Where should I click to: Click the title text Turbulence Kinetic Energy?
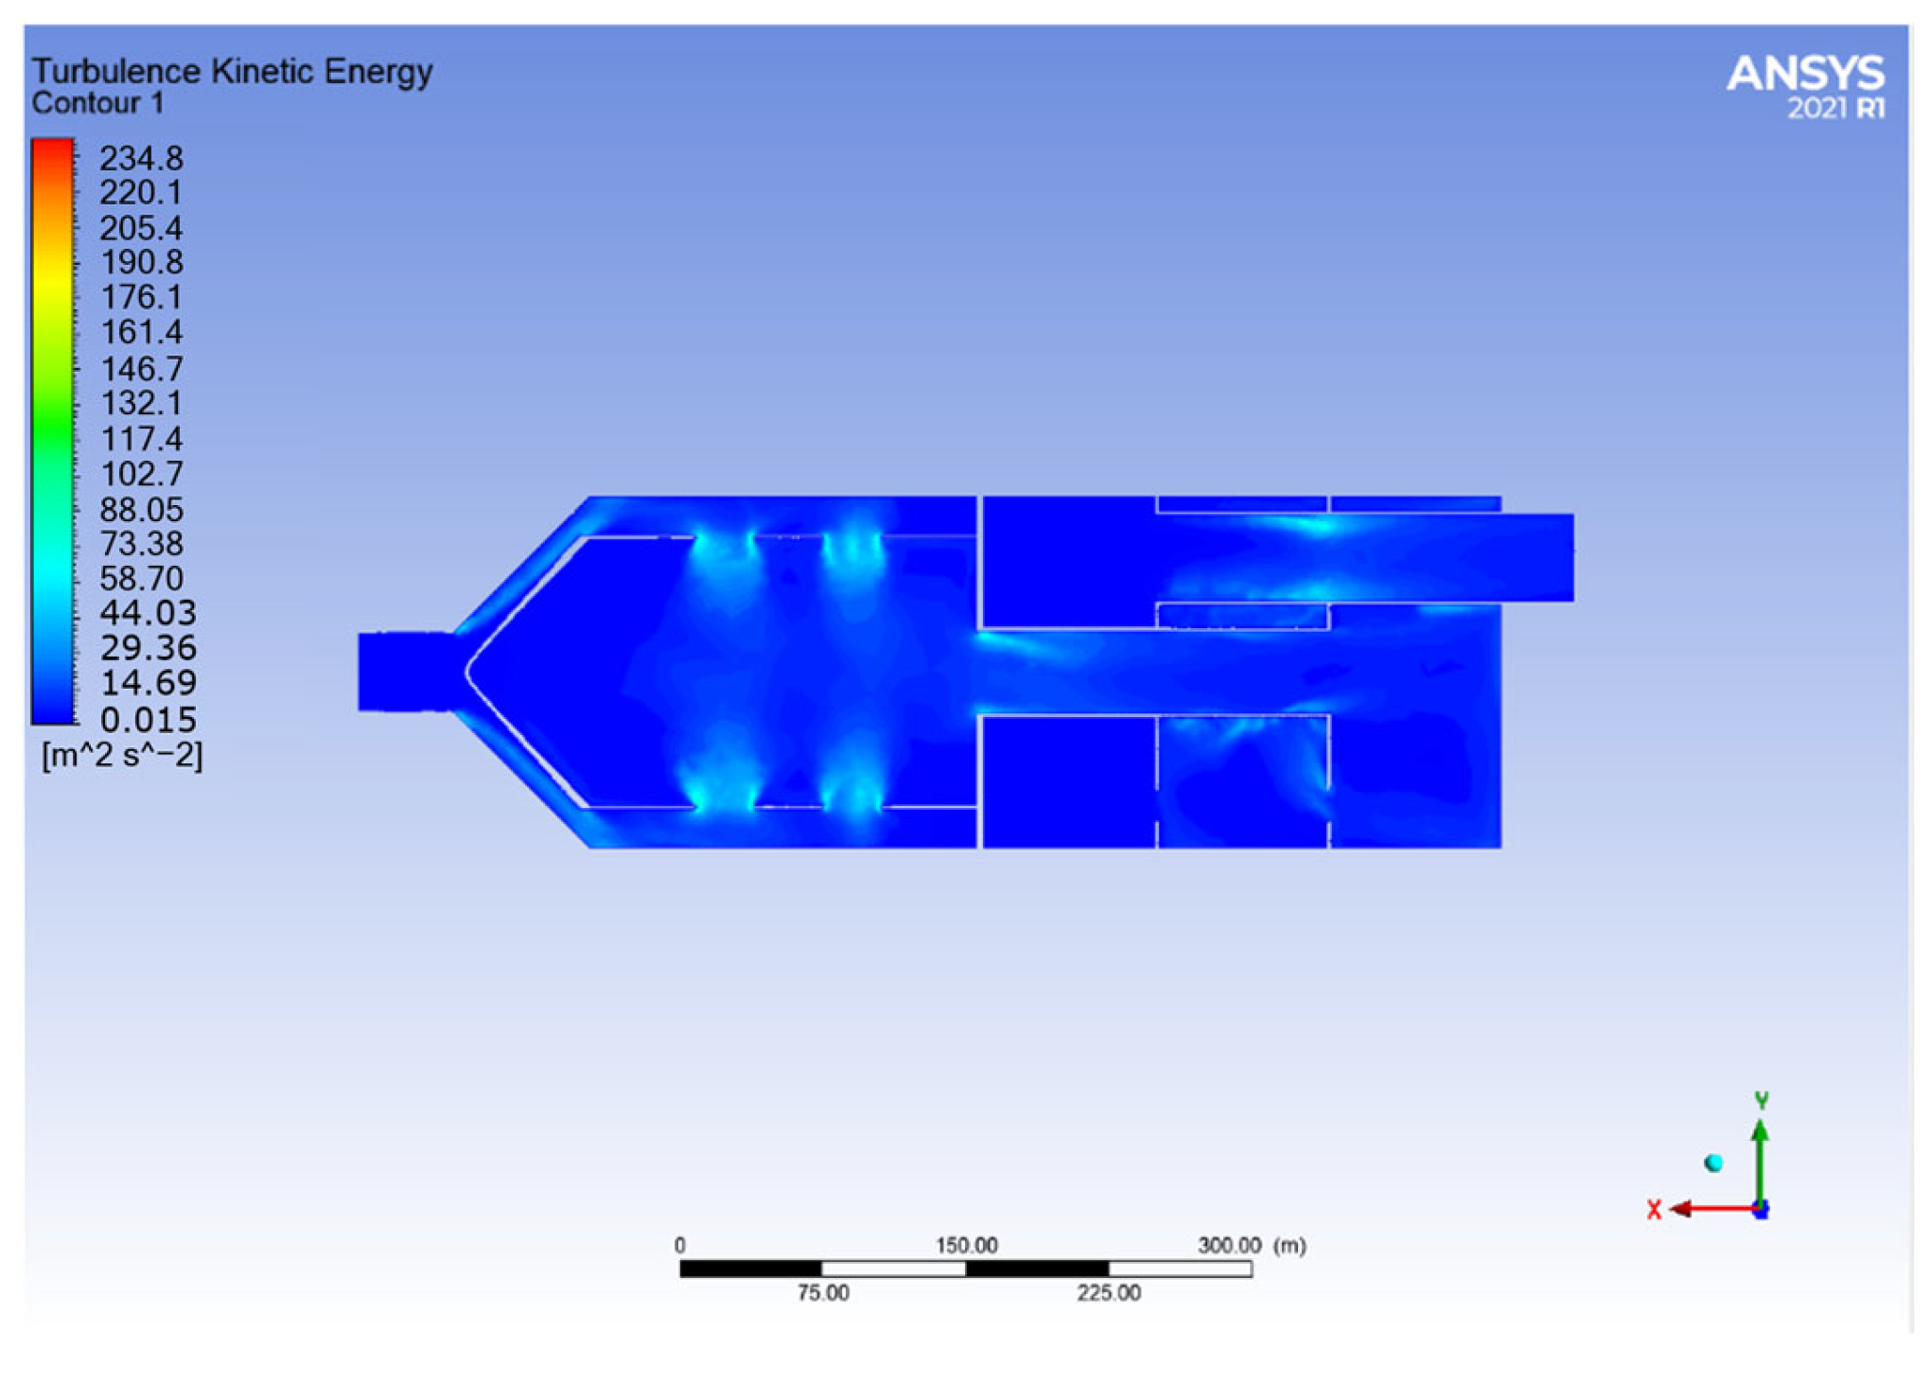pyautogui.click(x=232, y=72)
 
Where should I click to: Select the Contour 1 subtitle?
pyautogui.click(x=97, y=103)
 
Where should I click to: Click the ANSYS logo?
pyautogui.click(x=1805, y=86)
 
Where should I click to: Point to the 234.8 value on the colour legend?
pyautogui.click(x=141, y=158)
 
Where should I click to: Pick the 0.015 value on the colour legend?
pyautogui.click(x=148, y=720)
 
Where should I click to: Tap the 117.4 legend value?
pyautogui.click(x=141, y=439)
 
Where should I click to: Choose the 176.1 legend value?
pyautogui.click(x=141, y=298)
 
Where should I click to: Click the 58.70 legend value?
pyautogui.click(x=141, y=579)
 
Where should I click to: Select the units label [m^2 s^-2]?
pyautogui.click(x=122, y=756)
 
